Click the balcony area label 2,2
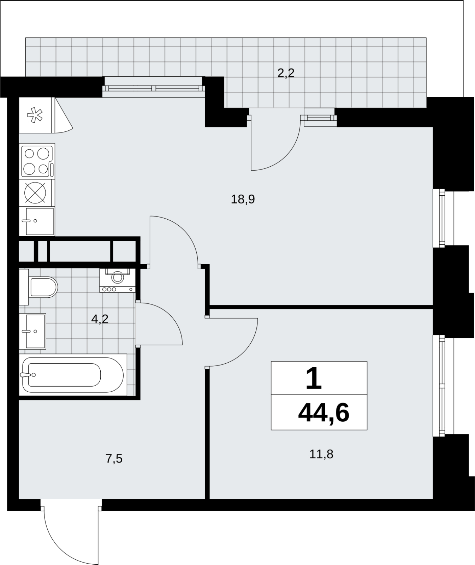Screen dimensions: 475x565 (286, 73)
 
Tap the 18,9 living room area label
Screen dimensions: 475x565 (243, 200)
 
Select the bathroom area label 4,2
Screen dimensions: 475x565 (100, 319)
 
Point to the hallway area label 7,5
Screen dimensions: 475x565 (114, 459)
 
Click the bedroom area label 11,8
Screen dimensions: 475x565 (321, 454)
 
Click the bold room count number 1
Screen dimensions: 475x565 (314, 378)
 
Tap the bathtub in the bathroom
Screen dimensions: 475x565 (73, 375)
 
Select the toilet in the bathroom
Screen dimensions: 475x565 (39, 287)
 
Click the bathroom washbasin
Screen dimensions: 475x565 (32, 331)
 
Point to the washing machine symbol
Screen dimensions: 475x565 (118, 280)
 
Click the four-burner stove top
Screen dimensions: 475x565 (37, 161)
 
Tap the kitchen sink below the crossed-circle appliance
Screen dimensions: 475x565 (37, 221)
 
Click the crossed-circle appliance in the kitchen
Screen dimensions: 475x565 (35, 193)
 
